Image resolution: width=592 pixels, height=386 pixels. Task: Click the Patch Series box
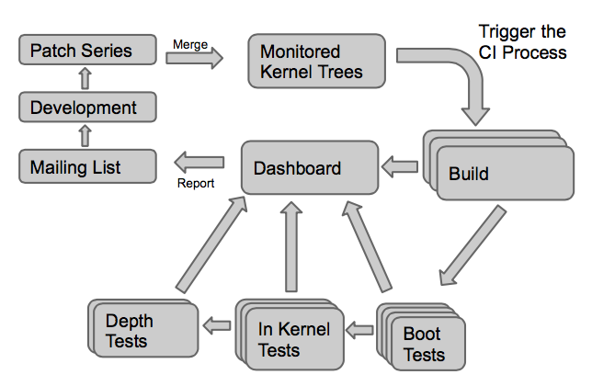pos(87,50)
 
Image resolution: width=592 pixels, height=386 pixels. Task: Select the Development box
pos(87,108)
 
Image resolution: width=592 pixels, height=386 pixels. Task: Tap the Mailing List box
pos(87,166)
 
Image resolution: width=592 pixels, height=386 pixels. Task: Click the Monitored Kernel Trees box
pos(317,62)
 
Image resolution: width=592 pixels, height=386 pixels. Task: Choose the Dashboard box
pos(310,167)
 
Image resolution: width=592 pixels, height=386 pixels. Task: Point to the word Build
pos(469,174)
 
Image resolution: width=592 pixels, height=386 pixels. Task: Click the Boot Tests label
pos(424,344)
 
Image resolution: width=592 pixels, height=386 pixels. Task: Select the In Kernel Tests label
pos(294,340)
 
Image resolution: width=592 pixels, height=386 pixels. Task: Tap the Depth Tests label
pos(129,331)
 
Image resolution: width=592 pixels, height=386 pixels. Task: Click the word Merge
pos(190,44)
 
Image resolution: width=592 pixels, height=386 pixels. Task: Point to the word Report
pos(196,184)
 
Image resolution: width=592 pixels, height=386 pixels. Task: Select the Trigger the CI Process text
pos(522,42)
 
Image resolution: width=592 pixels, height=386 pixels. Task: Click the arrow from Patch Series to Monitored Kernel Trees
pos(195,58)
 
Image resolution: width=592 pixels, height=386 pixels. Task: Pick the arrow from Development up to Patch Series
pos(85,78)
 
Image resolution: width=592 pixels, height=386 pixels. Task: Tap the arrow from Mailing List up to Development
pos(85,136)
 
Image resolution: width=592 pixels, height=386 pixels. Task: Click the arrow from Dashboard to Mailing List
pos(199,163)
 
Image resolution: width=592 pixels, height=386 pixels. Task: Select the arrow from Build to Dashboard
pos(400,166)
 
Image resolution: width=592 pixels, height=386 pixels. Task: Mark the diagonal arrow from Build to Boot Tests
pos(472,245)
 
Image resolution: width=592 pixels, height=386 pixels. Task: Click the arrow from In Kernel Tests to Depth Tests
pos(217,325)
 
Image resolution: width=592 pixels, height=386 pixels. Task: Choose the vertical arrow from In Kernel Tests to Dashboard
pos(291,247)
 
